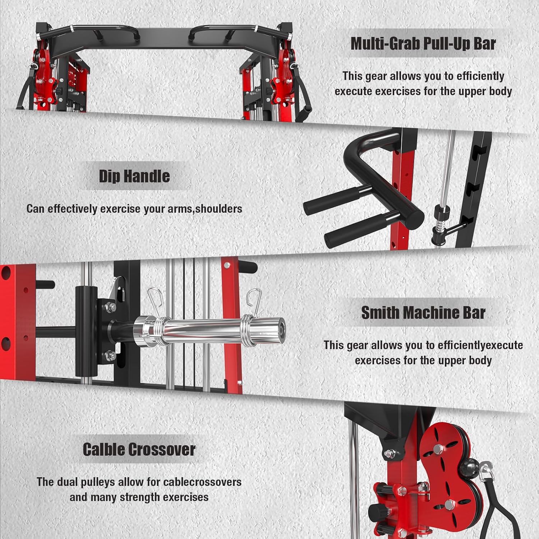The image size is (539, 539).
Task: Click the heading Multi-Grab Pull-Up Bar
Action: tap(423, 43)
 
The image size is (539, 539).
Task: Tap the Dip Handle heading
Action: tap(134, 176)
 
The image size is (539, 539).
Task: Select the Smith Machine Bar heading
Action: tap(423, 313)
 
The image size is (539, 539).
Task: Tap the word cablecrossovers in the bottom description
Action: tap(202, 482)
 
